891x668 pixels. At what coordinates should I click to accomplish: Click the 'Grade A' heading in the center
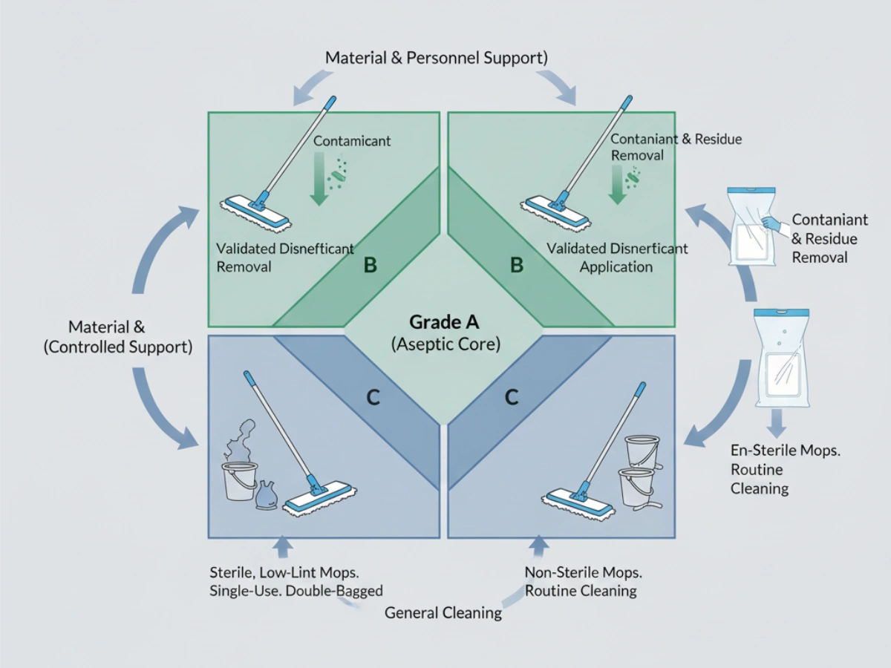point(445,323)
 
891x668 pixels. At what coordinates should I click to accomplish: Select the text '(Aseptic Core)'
point(445,344)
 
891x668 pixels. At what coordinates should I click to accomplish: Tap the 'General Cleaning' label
point(443,613)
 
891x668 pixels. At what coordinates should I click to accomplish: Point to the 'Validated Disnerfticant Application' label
point(617,257)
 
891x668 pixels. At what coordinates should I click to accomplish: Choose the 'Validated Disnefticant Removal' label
point(285,257)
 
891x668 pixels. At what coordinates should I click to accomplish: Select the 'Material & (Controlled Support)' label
point(119,337)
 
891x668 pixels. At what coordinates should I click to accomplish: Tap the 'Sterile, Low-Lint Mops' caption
point(296,581)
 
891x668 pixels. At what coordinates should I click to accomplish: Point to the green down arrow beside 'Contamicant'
point(320,182)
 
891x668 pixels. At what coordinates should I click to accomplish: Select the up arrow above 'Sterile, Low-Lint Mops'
point(283,548)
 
